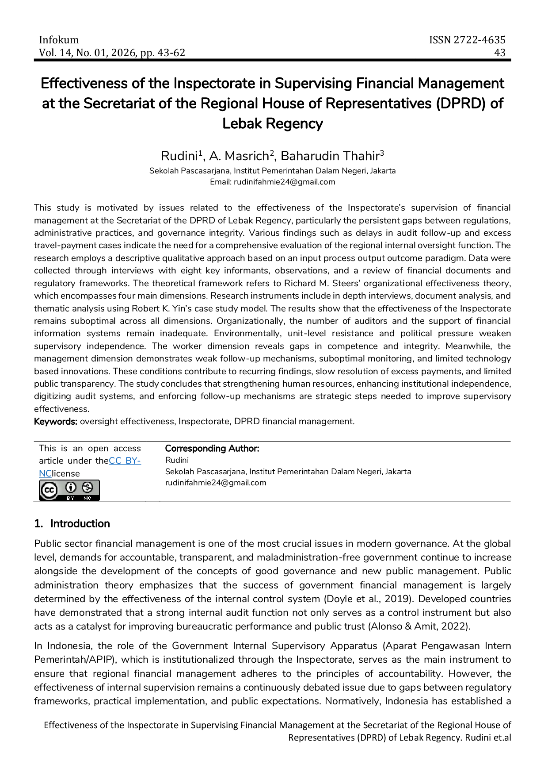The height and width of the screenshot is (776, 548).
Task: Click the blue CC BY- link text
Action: tap(125, 461)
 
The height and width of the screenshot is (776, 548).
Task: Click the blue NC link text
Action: tap(45, 473)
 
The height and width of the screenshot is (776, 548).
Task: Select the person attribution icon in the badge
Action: tap(71, 487)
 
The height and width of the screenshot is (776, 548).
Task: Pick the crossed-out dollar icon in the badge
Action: tap(88, 487)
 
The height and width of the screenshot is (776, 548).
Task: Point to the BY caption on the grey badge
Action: tap(71, 498)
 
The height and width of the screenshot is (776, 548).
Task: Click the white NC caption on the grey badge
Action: tap(88, 498)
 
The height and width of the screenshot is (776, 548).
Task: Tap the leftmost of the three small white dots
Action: tap(90, 355)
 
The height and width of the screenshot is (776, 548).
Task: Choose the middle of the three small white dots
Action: tap(316, 355)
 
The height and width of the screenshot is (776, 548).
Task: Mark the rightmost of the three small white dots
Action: tap(415, 355)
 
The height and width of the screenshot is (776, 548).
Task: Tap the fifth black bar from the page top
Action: tap(354, 156)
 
